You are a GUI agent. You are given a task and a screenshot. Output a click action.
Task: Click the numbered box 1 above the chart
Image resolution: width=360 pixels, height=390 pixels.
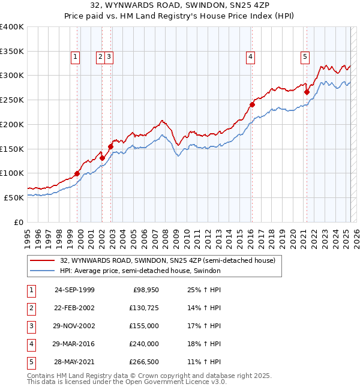point(76,57)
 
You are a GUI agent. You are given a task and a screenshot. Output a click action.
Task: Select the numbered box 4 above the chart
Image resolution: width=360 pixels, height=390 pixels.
point(250,57)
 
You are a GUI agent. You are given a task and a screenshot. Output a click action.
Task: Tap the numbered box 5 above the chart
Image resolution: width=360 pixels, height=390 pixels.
point(305,57)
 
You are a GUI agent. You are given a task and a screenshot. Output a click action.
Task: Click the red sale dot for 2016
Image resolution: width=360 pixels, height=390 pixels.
point(252,104)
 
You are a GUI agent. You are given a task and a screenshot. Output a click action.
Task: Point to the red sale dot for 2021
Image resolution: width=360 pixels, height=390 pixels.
point(307,92)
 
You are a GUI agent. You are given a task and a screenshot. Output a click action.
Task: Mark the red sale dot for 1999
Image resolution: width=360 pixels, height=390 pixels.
point(77,174)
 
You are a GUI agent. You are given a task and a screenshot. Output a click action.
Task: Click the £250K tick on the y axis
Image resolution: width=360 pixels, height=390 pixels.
point(12,100)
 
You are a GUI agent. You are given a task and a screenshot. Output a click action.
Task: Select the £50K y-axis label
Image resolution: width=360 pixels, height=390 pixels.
point(14,197)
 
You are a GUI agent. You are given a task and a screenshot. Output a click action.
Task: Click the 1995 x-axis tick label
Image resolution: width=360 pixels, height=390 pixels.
point(28,233)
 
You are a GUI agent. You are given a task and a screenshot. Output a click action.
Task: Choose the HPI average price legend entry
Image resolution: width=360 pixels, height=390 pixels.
point(140,271)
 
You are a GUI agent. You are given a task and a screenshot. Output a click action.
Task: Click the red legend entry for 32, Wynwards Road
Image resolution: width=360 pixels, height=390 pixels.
point(167,260)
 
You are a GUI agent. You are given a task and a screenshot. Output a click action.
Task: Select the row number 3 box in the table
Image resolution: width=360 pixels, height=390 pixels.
point(31,326)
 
